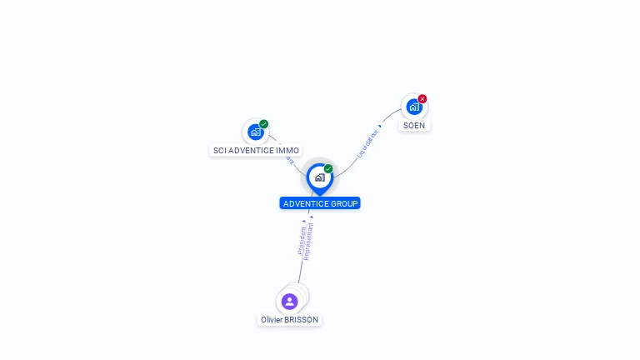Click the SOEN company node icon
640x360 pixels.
coord(413,107)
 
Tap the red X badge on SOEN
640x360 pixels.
coord(422,99)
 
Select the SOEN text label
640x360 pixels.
coord(414,126)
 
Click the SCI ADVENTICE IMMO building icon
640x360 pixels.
coord(255,132)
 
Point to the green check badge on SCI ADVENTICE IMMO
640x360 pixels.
coord(264,124)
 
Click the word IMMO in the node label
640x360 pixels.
coord(287,151)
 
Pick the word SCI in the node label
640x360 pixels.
coord(220,151)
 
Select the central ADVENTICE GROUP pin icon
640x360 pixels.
coord(319,177)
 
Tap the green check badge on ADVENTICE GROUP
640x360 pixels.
coord(328,169)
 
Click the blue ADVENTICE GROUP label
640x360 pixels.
coord(320,203)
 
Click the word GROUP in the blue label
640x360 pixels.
coord(344,203)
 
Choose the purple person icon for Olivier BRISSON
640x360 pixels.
coord(289,302)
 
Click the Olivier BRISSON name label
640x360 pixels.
coord(289,320)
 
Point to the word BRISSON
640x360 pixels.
coord(301,320)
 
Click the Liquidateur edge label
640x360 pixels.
coord(367,142)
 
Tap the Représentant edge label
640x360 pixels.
coord(309,242)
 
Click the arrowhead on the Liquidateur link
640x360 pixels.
coord(380,126)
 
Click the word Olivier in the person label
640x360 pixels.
coord(272,320)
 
